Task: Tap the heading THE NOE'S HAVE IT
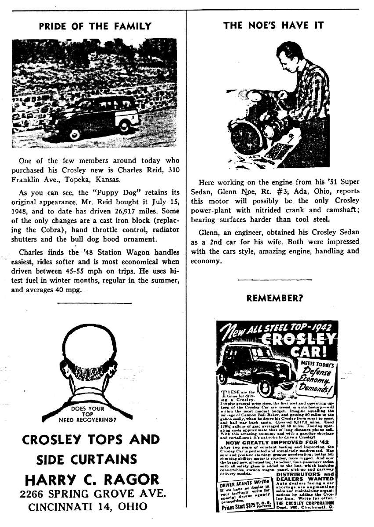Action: point(273,25)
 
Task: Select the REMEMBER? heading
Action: point(274,298)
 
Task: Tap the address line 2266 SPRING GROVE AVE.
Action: point(93,493)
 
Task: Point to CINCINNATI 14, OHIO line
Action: point(88,506)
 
